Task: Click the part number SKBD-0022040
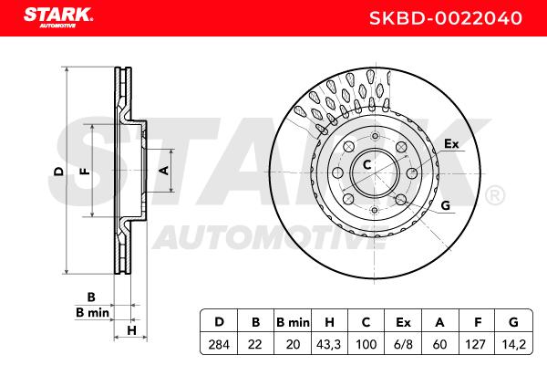pyautogui.click(x=446, y=18)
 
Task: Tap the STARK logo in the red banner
pyautogui.click(x=58, y=17)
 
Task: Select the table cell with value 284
pyautogui.click(x=219, y=345)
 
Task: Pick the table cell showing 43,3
pyautogui.click(x=329, y=345)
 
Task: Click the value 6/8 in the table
pyautogui.click(x=403, y=345)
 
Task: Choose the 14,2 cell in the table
pyautogui.click(x=513, y=345)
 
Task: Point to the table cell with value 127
pyautogui.click(x=477, y=345)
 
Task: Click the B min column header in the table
pyautogui.click(x=293, y=322)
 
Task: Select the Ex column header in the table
pyautogui.click(x=403, y=322)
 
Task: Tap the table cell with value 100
pyautogui.click(x=366, y=345)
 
